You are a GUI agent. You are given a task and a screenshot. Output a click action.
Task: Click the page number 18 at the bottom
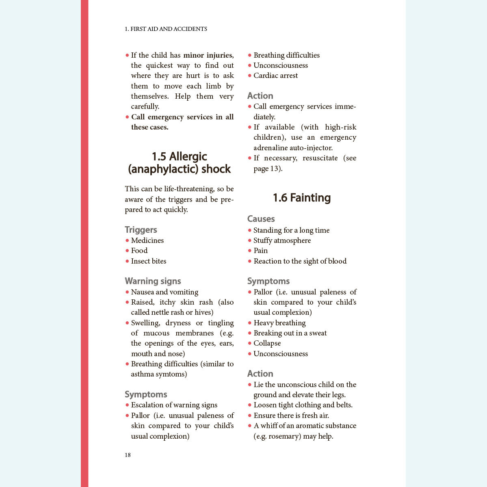click(x=128, y=455)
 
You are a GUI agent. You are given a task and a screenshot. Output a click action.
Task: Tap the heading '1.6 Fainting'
click(x=301, y=198)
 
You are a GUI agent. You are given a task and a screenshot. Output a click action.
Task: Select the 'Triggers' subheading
click(x=141, y=230)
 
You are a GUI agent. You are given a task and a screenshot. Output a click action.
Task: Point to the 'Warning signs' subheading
click(x=153, y=281)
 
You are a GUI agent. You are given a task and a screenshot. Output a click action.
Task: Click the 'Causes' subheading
click(x=261, y=219)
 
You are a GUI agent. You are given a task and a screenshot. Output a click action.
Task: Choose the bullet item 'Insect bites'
click(x=148, y=261)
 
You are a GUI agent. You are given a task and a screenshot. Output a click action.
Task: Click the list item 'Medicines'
click(x=147, y=240)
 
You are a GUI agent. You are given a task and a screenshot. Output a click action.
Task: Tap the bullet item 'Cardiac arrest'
click(x=275, y=76)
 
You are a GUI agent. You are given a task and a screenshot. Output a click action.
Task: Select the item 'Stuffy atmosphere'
click(x=282, y=240)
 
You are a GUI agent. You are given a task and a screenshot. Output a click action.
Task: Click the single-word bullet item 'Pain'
click(x=260, y=251)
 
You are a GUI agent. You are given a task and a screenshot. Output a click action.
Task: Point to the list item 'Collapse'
click(x=267, y=343)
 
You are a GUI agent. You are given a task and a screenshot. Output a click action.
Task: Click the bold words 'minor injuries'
click(x=208, y=55)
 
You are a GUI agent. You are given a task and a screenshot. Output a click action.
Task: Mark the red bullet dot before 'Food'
click(x=127, y=251)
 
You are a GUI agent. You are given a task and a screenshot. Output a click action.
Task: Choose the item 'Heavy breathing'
click(x=279, y=323)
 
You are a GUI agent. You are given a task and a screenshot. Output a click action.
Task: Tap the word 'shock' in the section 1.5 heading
click(x=216, y=169)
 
